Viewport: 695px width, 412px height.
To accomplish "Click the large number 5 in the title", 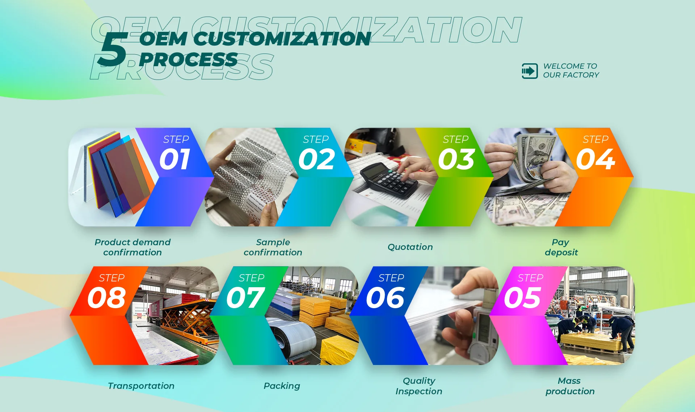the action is [x=113, y=50].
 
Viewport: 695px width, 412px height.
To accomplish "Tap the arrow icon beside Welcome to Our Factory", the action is [x=530, y=71].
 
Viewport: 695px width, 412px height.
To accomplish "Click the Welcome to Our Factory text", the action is [x=571, y=71].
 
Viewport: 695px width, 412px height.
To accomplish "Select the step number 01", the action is [x=175, y=159].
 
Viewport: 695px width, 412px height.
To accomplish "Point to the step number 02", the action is [x=316, y=159].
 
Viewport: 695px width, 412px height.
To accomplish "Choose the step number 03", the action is [x=456, y=159].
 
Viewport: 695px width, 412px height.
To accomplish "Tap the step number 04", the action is [x=595, y=159].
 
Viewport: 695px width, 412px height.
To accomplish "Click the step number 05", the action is [x=522, y=298].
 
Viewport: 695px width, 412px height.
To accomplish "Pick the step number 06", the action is [x=385, y=298].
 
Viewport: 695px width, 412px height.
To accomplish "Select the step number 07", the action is [x=245, y=298].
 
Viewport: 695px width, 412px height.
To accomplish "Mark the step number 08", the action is [x=106, y=298].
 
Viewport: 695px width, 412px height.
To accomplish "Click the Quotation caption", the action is [x=410, y=247].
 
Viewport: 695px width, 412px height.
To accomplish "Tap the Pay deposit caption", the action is [x=561, y=247].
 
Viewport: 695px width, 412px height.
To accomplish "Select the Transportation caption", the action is [x=141, y=386].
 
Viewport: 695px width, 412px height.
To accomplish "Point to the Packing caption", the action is [x=282, y=386].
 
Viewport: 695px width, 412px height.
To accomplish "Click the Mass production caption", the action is [x=570, y=386].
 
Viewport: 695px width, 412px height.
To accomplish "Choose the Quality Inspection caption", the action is [x=419, y=386].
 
